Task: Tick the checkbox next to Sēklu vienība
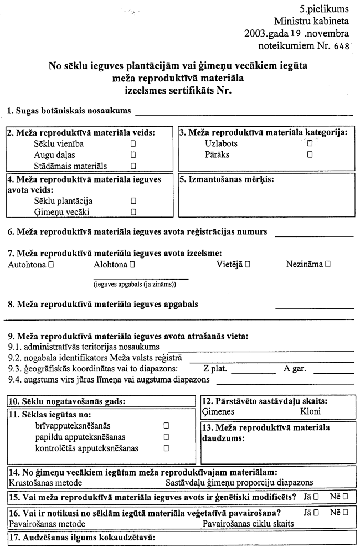pyautogui.click(x=133, y=143)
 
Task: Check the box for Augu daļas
pyautogui.click(x=133, y=154)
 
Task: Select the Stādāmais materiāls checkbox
pyautogui.click(x=133, y=166)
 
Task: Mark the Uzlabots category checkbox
pyautogui.click(x=310, y=143)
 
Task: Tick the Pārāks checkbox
pyautogui.click(x=310, y=154)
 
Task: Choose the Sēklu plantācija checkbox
pyautogui.click(x=133, y=200)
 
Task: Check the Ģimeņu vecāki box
pyautogui.click(x=133, y=211)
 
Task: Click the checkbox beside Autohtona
pyautogui.click(x=50, y=265)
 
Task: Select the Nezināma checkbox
pyautogui.click(x=328, y=265)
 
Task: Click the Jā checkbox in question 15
pyautogui.click(x=316, y=496)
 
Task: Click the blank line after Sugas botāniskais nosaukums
pyautogui.click(x=244, y=112)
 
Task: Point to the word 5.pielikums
pyautogui.click(x=325, y=9)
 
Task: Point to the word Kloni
pyautogui.click(x=310, y=411)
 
